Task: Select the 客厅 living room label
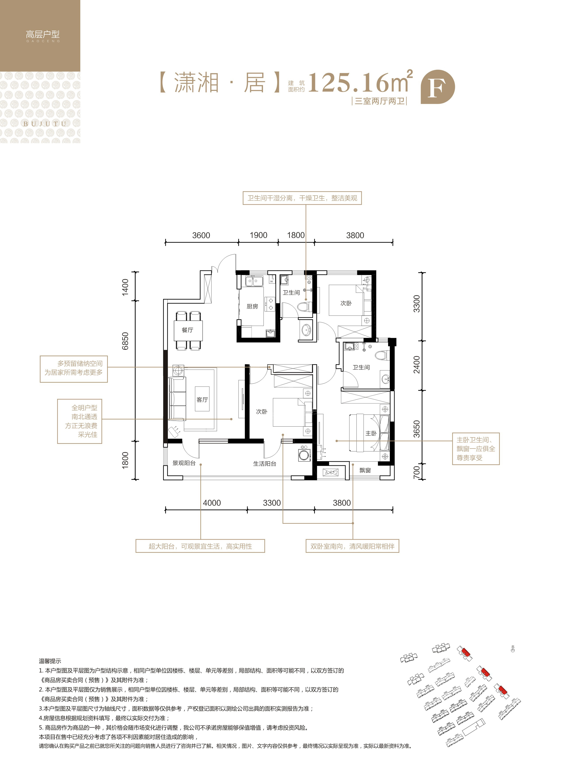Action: tap(202, 400)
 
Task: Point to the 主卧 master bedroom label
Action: tap(371, 433)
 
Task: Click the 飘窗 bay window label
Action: tap(365, 470)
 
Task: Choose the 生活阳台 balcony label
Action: tap(265, 464)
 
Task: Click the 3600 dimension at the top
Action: tap(201, 235)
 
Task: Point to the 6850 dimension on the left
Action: tap(125, 341)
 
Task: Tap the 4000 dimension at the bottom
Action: tap(212, 503)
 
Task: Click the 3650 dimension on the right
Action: tap(416, 429)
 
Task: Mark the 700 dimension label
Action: tap(416, 472)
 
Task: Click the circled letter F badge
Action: tap(438, 87)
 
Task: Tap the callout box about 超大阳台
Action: tap(200, 546)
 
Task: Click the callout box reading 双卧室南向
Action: tap(352, 546)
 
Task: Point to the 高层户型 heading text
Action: tap(43, 34)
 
